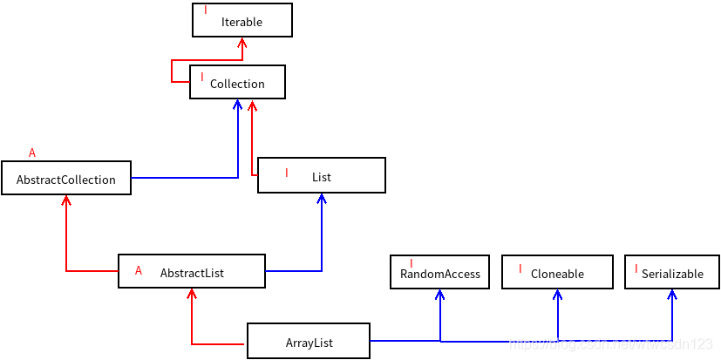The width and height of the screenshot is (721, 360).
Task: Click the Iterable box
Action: (241, 21)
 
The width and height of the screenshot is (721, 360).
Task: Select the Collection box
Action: (237, 83)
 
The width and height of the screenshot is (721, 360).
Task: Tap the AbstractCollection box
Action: (65, 179)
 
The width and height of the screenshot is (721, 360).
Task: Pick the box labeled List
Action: (321, 176)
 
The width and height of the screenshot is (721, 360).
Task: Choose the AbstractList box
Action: (192, 272)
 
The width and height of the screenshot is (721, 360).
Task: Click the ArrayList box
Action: (309, 342)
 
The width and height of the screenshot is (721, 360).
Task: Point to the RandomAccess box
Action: (440, 273)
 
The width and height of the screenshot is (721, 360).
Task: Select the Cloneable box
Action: (557, 273)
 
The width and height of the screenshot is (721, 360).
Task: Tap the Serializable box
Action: (672, 273)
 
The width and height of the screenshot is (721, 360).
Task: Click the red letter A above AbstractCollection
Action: (32, 153)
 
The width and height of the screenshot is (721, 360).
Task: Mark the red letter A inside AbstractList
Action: (139, 271)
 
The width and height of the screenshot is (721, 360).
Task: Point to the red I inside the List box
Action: (286, 173)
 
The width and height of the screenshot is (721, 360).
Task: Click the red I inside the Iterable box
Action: (206, 10)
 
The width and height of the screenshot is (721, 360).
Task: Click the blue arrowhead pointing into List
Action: (322, 199)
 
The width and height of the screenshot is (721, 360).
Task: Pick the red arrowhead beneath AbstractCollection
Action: (65, 201)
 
